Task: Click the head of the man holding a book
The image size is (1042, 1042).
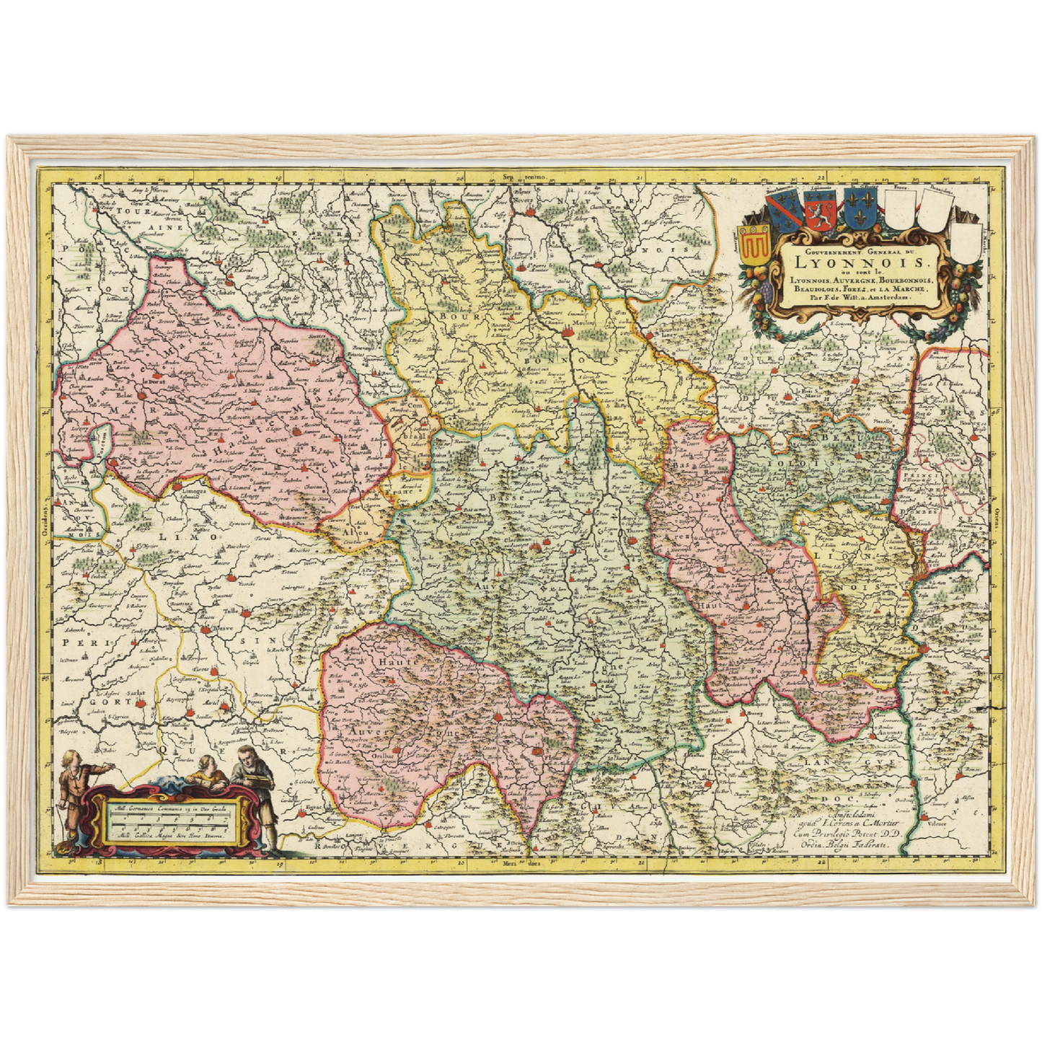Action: pos(247,757)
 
